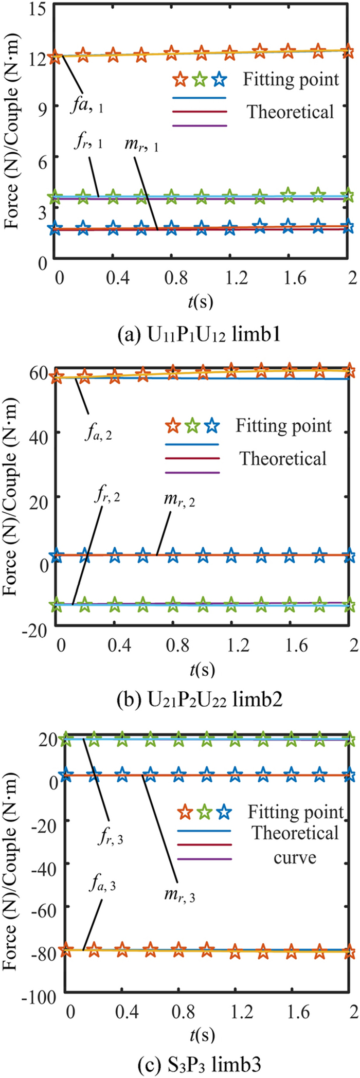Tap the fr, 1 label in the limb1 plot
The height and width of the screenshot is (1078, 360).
(87, 143)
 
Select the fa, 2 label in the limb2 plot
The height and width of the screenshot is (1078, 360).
(98, 435)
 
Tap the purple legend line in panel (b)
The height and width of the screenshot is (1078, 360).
(192, 473)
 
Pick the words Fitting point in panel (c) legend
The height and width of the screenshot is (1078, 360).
(295, 812)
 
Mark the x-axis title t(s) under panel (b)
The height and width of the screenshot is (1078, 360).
(199, 669)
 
